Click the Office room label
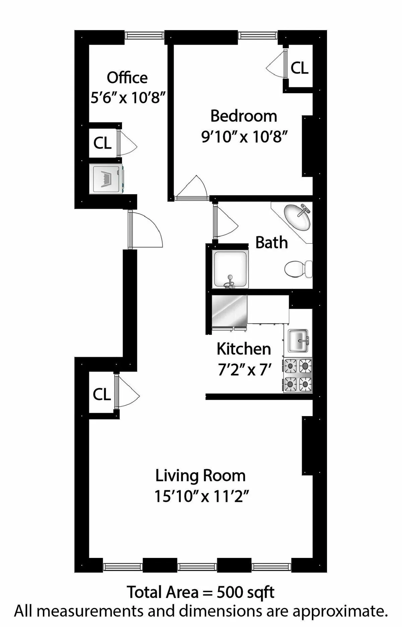[x=127, y=78]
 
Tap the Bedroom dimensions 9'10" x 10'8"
[x=244, y=137]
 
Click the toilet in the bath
[x=298, y=269]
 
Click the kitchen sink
[x=298, y=341]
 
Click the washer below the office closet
[x=107, y=178]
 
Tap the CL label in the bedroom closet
[x=299, y=68]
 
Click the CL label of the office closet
[x=102, y=143]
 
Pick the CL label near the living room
[x=102, y=395]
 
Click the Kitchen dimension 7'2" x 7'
[x=244, y=370]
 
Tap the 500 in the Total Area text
[x=230, y=592]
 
